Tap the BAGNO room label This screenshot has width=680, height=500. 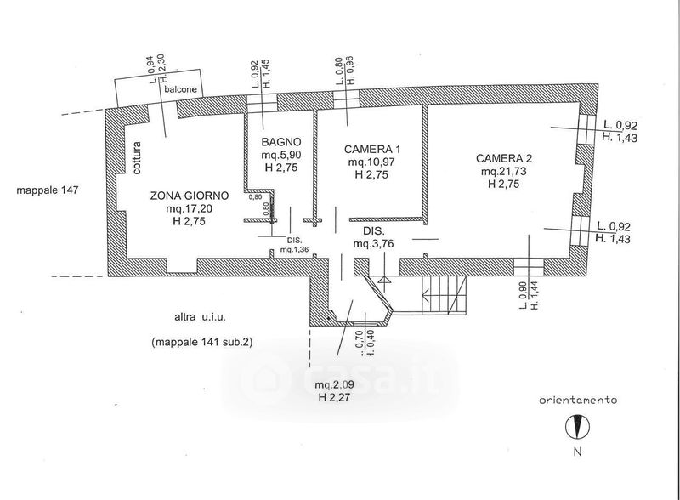click(x=278, y=142)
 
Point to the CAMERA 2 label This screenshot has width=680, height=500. click(x=504, y=158)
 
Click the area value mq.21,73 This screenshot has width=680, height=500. click(x=504, y=171)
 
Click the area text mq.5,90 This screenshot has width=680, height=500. click(x=278, y=155)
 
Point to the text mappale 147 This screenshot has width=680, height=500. click(x=48, y=190)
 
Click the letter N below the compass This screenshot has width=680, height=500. click(x=576, y=452)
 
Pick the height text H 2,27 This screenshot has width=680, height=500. click(x=335, y=397)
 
